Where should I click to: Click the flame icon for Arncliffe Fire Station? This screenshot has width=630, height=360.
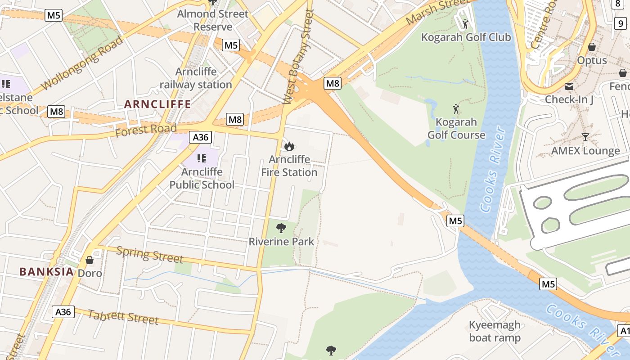[x=289, y=146]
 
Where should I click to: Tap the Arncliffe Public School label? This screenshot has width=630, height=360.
[x=202, y=178]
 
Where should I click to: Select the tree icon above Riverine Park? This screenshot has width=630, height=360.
[x=281, y=228]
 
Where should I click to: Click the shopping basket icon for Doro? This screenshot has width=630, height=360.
[x=90, y=260]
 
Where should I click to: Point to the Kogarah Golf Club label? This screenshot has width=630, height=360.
[x=466, y=37]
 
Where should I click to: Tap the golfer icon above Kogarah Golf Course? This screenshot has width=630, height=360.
[x=456, y=109]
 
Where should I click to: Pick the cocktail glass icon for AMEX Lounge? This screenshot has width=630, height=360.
[x=585, y=137]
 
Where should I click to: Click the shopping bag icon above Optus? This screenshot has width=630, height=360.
[x=592, y=47]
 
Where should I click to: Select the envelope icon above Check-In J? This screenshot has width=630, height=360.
[x=569, y=86]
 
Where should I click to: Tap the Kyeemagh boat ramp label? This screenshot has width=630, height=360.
[x=495, y=331]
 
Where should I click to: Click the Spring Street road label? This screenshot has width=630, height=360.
[x=150, y=255]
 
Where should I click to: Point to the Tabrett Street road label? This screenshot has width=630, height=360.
[x=123, y=317]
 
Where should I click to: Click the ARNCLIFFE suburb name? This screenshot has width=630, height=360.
[x=157, y=104]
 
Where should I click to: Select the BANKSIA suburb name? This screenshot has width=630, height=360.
[x=46, y=271]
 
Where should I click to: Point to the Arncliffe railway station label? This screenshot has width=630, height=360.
[x=196, y=78]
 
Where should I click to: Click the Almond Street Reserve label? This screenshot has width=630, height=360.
[x=212, y=20]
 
